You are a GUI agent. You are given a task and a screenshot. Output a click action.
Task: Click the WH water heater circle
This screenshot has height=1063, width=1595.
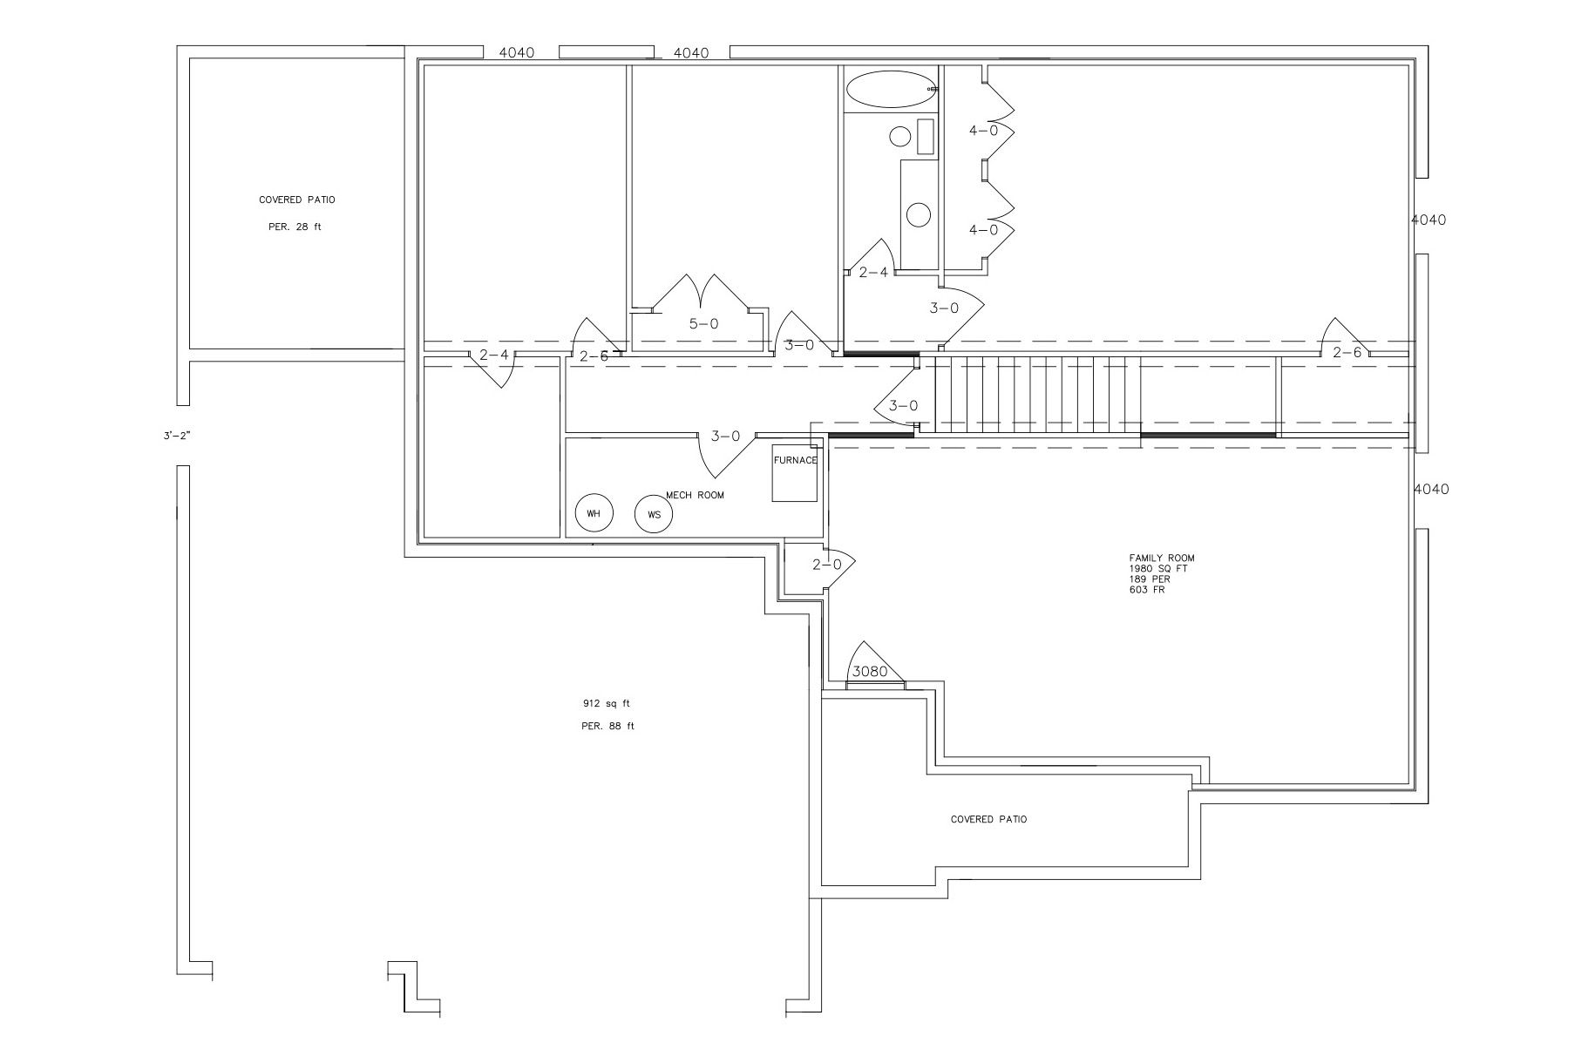point(594,513)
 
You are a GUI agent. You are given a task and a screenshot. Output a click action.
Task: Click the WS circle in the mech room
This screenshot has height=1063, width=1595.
point(654,514)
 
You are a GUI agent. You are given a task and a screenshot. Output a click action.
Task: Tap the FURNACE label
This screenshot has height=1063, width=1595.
point(795,461)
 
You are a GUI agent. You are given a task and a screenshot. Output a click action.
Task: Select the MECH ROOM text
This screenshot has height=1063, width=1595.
point(695,495)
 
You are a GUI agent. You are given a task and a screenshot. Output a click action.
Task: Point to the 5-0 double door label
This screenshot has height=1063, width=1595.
point(703,324)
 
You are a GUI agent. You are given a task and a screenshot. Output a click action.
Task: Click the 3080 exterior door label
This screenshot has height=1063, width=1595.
point(869,672)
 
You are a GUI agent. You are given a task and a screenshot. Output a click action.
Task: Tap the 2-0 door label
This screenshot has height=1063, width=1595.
point(827,565)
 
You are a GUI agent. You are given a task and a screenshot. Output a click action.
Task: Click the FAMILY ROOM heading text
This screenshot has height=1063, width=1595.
point(1162,558)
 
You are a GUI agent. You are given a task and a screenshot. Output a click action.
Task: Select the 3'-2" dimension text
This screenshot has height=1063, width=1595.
point(176,435)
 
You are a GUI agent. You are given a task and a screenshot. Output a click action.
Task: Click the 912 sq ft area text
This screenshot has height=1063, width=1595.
point(606,703)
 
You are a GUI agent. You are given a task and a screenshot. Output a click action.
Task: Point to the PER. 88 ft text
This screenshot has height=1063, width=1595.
point(607,726)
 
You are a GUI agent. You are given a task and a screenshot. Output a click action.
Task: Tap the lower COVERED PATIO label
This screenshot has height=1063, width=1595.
point(988,819)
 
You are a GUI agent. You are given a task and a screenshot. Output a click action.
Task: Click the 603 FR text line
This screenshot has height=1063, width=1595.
point(1146,590)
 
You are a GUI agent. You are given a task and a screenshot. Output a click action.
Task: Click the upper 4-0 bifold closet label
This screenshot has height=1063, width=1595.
point(983,131)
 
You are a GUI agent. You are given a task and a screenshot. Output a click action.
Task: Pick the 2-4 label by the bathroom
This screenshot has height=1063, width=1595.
point(873,273)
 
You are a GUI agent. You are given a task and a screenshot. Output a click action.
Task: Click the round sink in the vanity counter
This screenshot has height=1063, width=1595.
point(918,213)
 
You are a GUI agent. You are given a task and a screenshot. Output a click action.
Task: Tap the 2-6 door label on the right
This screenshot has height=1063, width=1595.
point(1346,353)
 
